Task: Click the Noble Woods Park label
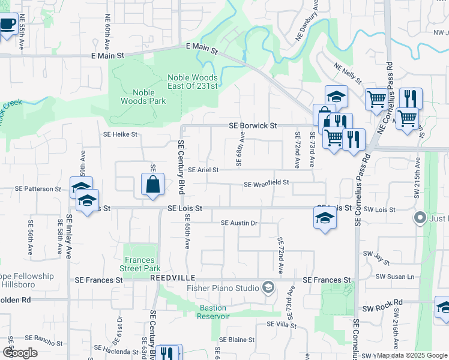click(143, 97)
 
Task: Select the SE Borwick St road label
click(253, 126)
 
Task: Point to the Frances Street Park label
click(140, 264)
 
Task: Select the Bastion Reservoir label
click(213, 312)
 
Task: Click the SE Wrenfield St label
click(267, 183)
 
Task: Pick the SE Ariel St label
click(203, 170)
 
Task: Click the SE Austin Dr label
click(239, 223)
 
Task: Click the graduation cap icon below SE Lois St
click(325, 217)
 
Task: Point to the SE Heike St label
click(121, 135)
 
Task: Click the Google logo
click(20, 353)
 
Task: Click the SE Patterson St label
click(40, 188)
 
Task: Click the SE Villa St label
click(282, 324)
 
